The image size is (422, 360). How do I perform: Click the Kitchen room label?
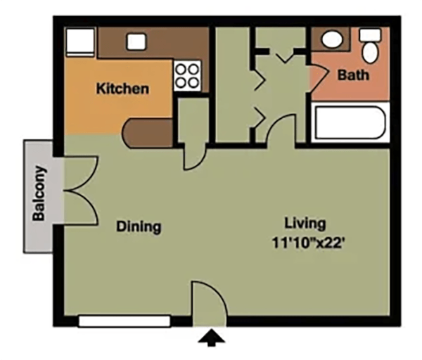(x=122, y=89)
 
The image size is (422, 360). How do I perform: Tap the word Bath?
(x=352, y=75)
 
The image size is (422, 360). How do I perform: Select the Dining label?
(x=139, y=226)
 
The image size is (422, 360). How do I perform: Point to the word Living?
(x=305, y=223)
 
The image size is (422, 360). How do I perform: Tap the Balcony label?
(x=39, y=193)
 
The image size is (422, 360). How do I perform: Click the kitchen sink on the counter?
(x=135, y=41)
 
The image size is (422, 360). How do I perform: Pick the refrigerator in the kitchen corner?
(x=80, y=43)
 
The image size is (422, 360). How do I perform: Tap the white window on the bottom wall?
(x=124, y=321)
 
